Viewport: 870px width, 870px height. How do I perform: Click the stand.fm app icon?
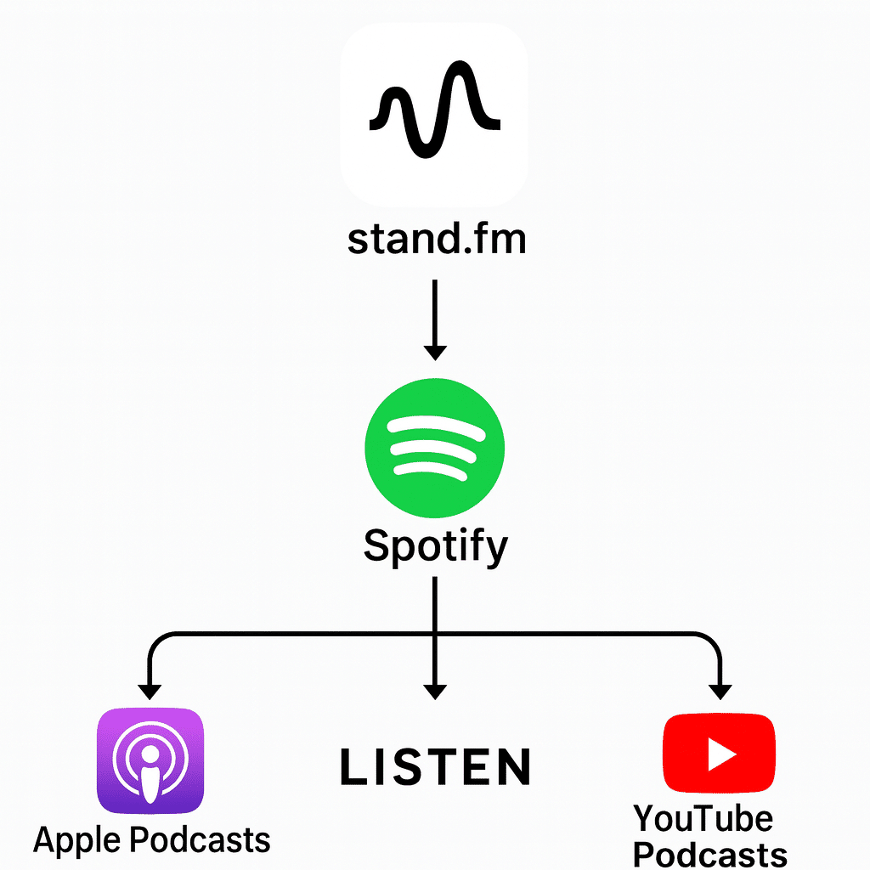(434, 114)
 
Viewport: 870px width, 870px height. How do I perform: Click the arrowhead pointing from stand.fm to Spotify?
(435, 350)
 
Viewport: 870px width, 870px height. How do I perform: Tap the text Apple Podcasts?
(151, 839)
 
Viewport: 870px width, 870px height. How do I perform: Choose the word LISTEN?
(435, 766)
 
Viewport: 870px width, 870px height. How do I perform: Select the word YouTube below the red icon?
(703, 819)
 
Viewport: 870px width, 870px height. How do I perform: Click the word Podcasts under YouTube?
(710, 853)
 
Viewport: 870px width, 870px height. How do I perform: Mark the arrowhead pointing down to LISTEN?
(435, 690)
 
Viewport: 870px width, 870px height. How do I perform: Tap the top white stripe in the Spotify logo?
(434, 426)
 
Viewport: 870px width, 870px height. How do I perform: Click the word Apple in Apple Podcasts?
(76, 839)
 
